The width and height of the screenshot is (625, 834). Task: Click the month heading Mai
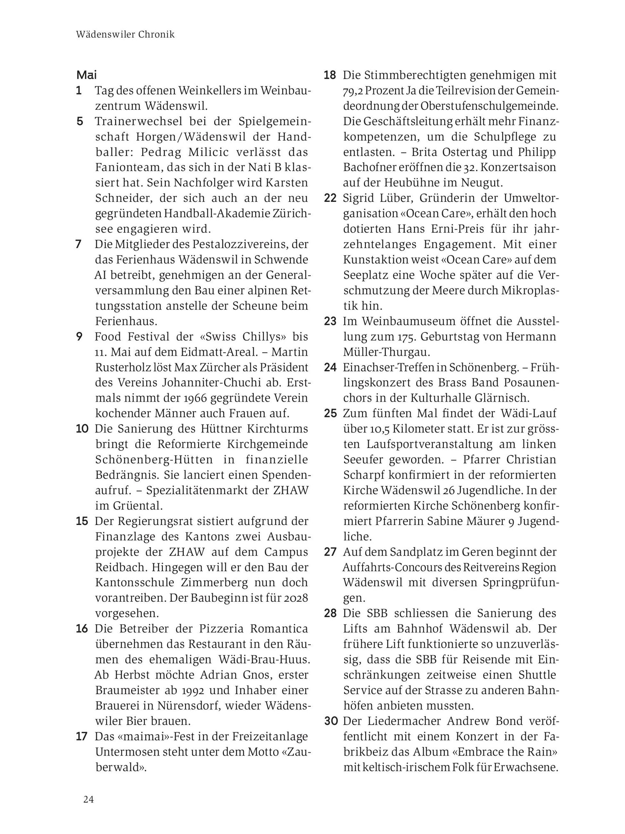[86, 75]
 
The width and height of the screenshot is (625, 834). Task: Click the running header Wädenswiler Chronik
[125, 35]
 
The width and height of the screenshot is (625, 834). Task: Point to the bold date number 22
[330, 198]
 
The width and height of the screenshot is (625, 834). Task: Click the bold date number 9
[79, 336]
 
